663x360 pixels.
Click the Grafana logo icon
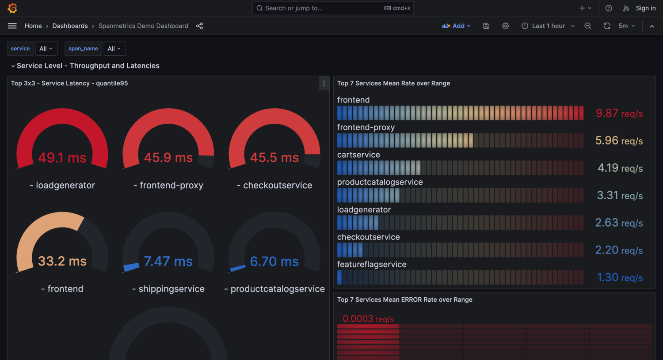click(12, 8)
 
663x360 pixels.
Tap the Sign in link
click(645, 8)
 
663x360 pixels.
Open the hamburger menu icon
click(12, 26)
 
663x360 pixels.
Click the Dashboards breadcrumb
click(70, 26)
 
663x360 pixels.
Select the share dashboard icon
click(200, 26)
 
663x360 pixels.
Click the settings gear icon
click(505, 26)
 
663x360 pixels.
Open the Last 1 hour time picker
click(548, 26)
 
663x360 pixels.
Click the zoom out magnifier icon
click(587, 26)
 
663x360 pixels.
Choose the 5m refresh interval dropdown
click(626, 26)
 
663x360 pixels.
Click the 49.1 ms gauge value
click(62, 158)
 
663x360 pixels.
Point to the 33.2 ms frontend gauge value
click(62, 261)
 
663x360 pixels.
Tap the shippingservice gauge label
click(171, 289)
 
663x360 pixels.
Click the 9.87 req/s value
click(619, 114)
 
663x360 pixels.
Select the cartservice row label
click(358, 155)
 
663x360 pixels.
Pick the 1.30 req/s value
click(620, 277)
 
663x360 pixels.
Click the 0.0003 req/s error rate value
click(368, 319)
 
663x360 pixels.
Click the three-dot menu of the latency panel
click(324, 83)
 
